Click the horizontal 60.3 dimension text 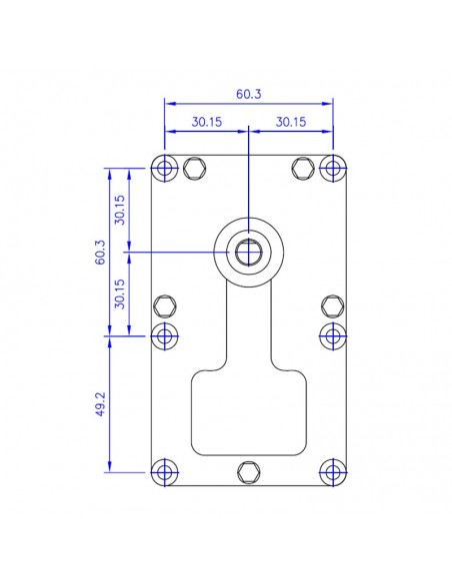pyautogui.click(x=248, y=94)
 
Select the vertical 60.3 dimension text pyautogui.click(x=100, y=252)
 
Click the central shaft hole pyautogui.click(x=248, y=251)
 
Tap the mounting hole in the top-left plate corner pyautogui.click(x=165, y=167)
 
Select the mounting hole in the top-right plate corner pyautogui.click(x=331, y=167)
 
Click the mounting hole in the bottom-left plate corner pyautogui.click(x=165, y=471)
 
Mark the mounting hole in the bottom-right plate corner pyautogui.click(x=331, y=471)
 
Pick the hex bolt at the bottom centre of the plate pyautogui.click(x=248, y=471)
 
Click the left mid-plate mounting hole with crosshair pyautogui.click(x=165, y=334)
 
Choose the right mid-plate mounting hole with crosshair pyautogui.click(x=331, y=334)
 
